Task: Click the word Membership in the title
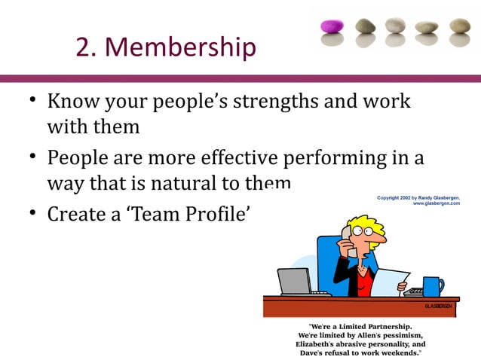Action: (x=180, y=47)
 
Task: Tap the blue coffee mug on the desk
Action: (x=433, y=286)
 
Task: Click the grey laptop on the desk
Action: (x=296, y=282)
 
